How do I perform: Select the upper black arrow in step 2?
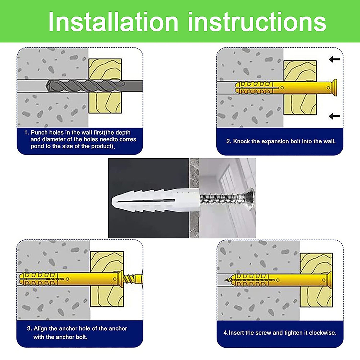(334, 59)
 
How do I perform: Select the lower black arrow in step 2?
(334, 116)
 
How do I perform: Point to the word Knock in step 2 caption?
(241, 141)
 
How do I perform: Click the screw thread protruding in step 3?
(133, 279)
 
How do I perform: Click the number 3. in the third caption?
(29, 328)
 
